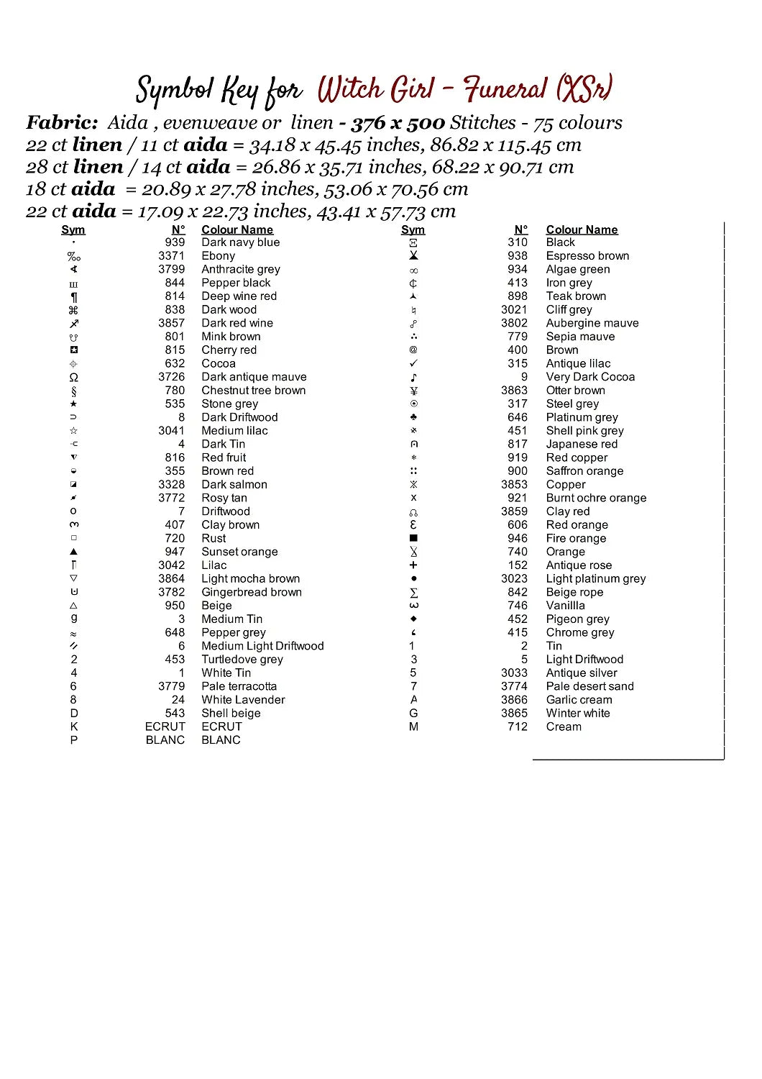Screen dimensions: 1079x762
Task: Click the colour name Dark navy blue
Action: point(240,242)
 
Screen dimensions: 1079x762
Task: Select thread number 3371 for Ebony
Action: point(171,256)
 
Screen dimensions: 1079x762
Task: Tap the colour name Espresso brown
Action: point(587,256)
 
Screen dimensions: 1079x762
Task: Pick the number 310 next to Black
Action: point(517,242)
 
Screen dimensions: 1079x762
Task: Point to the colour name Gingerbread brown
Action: point(251,592)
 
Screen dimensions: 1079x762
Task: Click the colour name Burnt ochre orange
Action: point(596,498)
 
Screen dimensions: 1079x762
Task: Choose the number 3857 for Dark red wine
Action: point(171,323)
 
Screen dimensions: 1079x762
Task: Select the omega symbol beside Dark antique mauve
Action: point(73,377)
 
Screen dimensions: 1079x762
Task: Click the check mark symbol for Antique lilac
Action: point(413,363)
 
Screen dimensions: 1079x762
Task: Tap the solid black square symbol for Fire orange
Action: point(413,538)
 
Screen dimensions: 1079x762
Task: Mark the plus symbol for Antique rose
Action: point(413,565)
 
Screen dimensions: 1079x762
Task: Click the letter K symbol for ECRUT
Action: point(73,727)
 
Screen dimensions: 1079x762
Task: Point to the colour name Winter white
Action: point(577,713)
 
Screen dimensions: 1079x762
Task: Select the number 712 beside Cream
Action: point(517,727)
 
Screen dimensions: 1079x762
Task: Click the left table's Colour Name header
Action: point(237,229)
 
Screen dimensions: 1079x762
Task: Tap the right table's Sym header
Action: point(413,229)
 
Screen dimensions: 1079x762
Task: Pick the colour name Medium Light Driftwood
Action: point(262,646)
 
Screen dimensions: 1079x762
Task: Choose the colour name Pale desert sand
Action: point(589,686)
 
